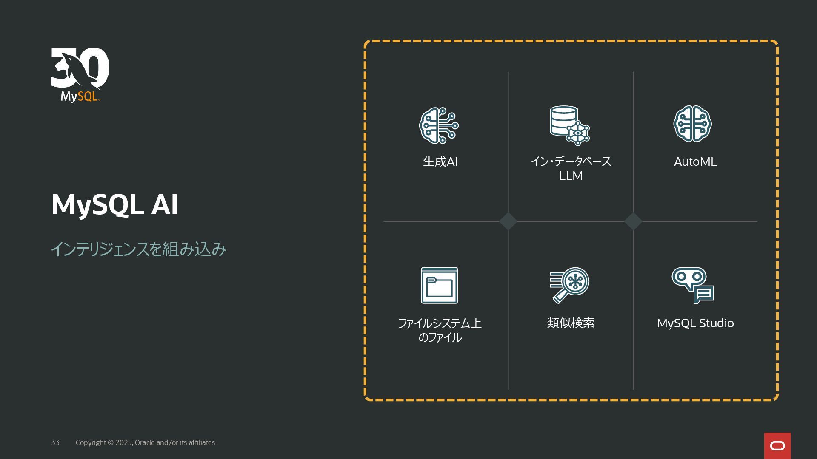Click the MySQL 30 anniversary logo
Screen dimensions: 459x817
[x=80, y=75]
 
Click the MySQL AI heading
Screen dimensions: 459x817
[x=114, y=204]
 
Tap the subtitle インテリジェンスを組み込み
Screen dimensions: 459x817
[x=138, y=249]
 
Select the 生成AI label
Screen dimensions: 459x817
[x=440, y=162]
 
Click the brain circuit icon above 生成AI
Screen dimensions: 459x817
[x=439, y=125]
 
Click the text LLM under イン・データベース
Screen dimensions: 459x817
[x=571, y=176]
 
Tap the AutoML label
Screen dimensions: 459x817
[x=695, y=162]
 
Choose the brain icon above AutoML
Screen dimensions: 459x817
[x=692, y=124]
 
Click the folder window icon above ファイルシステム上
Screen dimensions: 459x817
[x=439, y=285]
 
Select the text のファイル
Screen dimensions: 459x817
[x=440, y=337]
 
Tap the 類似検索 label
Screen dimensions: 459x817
[x=571, y=323]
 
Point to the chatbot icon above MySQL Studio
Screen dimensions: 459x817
[x=692, y=285]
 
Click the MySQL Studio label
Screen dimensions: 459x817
[x=695, y=323]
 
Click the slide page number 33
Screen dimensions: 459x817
[x=55, y=442]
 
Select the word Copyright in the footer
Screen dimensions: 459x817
[x=91, y=442]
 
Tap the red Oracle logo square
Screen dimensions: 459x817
[x=777, y=445]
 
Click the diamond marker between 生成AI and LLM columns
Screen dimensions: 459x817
[x=508, y=221]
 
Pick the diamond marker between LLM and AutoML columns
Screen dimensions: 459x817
[x=633, y=221]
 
